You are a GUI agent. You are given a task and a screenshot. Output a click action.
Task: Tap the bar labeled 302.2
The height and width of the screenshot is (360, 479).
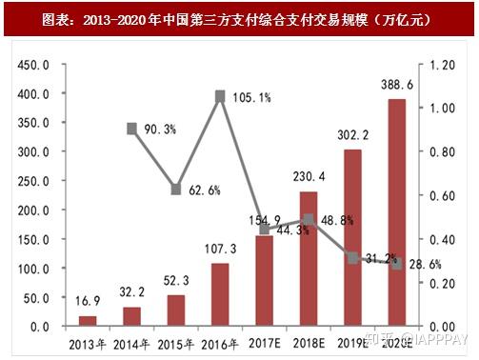[353, 237]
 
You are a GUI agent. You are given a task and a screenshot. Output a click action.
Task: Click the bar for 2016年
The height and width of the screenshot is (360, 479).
[220, 294]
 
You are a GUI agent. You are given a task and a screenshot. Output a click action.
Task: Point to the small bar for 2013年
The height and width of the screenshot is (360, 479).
[88, 320]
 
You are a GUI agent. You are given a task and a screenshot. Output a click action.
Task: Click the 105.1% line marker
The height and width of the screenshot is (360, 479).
[220, 96]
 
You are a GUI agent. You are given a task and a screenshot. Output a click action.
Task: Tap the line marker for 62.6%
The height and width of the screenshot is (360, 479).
[176, 190]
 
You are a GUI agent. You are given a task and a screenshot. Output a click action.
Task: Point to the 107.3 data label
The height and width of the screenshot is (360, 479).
[220, 249]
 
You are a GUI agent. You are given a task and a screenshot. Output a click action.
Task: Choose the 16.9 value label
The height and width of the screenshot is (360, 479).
[88, 302]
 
